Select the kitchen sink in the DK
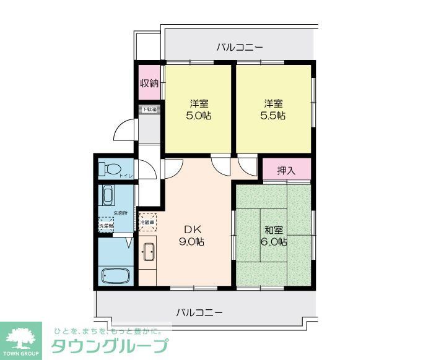149,251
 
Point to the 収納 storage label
149,83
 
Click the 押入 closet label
285,169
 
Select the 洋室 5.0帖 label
198,109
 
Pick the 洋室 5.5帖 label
272,109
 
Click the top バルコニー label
240,47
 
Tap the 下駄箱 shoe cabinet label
149,109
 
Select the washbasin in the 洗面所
108,197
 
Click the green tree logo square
21,340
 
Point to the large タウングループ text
109,346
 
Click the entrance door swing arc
121,133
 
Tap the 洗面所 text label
120,213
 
